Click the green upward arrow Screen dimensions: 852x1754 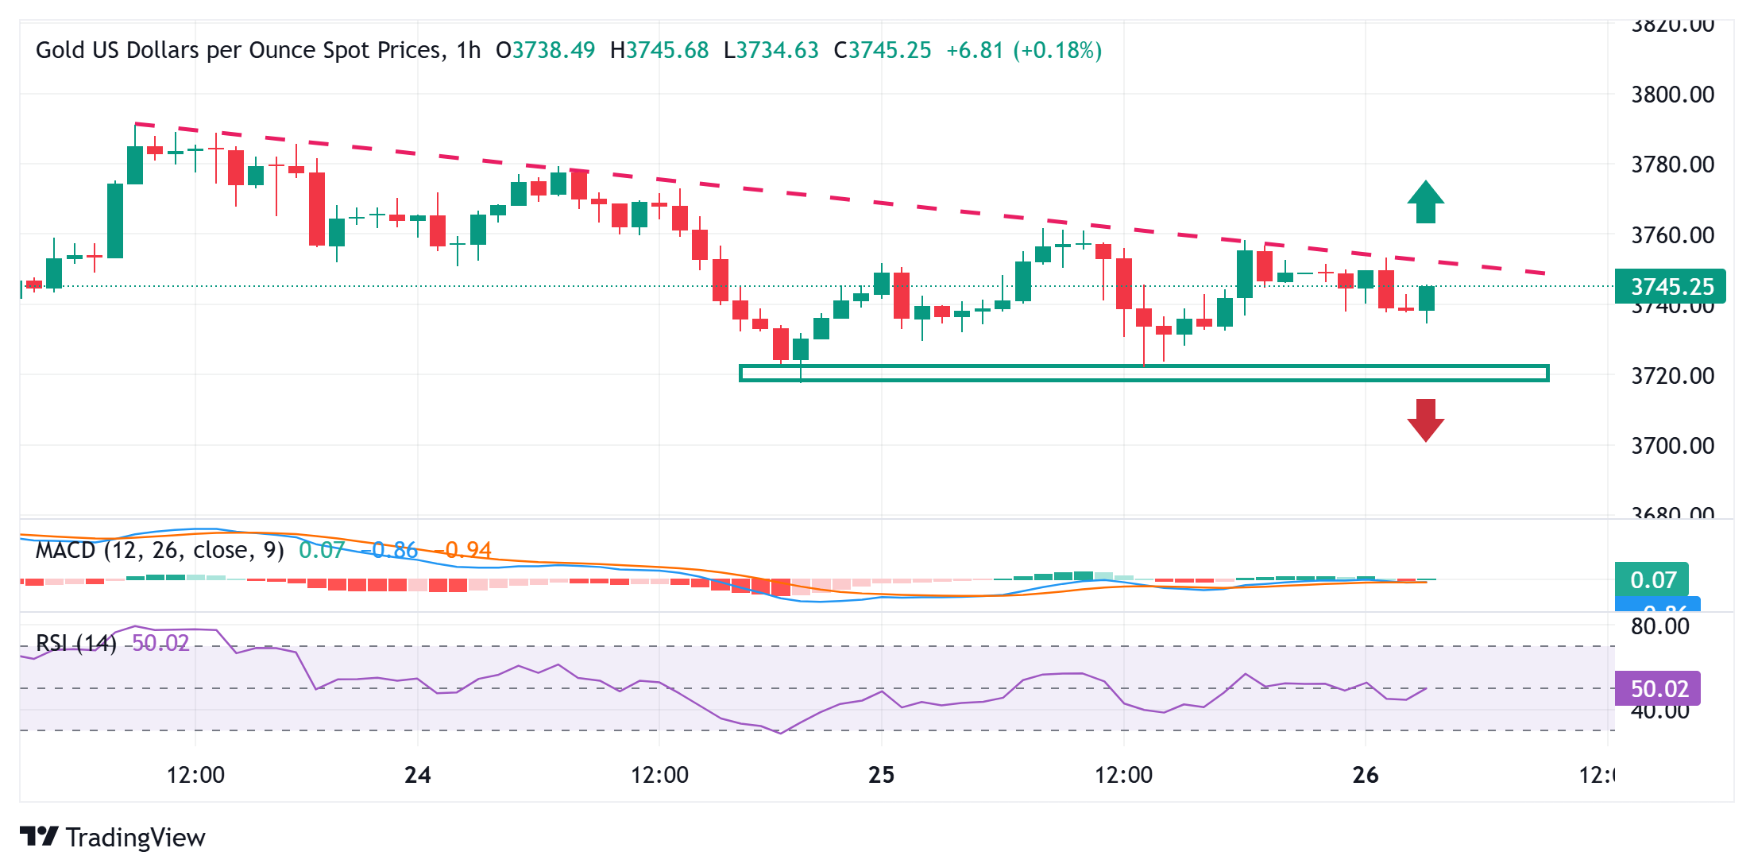click(1426, 202)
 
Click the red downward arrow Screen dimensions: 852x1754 click(1426, 420)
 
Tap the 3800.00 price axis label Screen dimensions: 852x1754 click(1672, 95)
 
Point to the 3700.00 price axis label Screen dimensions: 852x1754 click(1672, 446)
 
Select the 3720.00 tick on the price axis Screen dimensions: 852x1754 click(1672, 375)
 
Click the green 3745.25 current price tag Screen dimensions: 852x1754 click(1671, 287)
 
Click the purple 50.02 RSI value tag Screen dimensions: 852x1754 click(1658, 688)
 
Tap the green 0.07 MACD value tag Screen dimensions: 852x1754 click(1652, 579)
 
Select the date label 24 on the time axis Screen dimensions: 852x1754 click(418, 775)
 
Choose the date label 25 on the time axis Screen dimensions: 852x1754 click(882, 775)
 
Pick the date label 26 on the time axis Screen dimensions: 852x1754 click(1365, 775)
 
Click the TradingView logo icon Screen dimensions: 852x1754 click(39, 836)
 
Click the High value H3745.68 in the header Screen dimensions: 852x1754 click(659, 51)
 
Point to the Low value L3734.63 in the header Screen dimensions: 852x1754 click(771, 51)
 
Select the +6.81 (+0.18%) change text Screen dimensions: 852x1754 click(1024, 51)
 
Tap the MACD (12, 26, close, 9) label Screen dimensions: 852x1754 click(160, 550)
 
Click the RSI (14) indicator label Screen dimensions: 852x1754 click(76, 643)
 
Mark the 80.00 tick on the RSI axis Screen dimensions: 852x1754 click(1660, 626)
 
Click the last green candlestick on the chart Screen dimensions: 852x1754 click(1427, 299)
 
